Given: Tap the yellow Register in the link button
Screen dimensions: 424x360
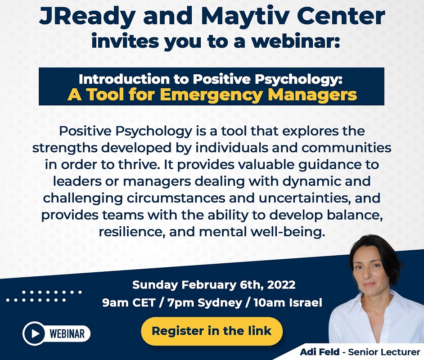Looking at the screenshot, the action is (x=212, y=331).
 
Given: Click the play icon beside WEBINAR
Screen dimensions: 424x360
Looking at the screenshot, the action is (x=35, y=333).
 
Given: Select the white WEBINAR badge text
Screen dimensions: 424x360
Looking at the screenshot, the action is (x=67, y=333).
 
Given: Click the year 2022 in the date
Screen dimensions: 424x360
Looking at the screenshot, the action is (x=281, y=285).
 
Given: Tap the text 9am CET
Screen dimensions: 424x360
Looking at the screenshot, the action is (x=128, y=303).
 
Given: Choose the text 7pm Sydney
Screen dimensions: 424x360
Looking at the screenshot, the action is (x=204, y=303).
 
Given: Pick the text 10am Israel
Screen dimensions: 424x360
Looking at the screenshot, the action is (x=288, y=303).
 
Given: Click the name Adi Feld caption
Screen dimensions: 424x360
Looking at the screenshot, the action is (x=320, y=352).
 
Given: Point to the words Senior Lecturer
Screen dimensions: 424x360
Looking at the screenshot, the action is (x=384, y=352).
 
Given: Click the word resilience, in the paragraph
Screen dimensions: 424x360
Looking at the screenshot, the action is (x=132, y=232).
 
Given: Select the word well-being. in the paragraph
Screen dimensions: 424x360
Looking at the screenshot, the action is (x=288, y=232).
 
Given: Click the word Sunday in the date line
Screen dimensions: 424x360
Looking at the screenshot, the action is (x=155, y=285).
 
